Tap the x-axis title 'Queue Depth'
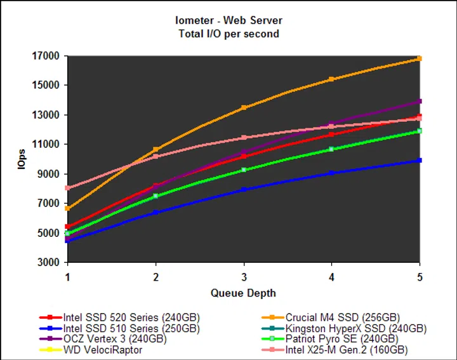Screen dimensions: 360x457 [x=243, y=293]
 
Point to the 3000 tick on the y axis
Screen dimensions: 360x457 [x=48, y=262]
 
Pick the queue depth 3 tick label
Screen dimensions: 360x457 [x=244, y=277]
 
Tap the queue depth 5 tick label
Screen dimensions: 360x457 [x=420, y=277]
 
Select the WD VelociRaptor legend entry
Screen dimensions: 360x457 [x=102, y=350]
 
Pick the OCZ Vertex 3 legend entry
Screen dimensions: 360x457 [x=114, y=339]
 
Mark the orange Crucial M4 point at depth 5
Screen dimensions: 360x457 [x=420, y=58]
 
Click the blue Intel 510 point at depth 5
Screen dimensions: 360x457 [x=420, y=160]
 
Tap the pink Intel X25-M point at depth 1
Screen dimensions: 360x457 [x=67, y=188]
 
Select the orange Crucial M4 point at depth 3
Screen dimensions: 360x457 [x=244, y=108]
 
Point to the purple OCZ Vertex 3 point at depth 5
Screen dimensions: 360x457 [x=420, y=101]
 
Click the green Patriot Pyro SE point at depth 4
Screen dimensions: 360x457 [x=331, y=149]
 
